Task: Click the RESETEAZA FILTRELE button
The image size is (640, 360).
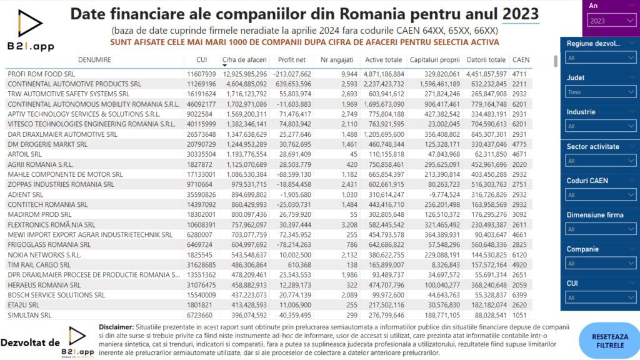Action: coord(610,341)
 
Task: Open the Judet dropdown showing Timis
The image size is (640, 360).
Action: coord(601,92)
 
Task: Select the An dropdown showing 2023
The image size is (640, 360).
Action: coord(611,21)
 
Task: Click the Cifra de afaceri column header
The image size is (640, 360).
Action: coord(244,59)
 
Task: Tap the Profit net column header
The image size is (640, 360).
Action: coord(291,59)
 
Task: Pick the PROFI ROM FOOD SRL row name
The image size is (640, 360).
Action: coord(41,74)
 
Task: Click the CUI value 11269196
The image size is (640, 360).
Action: coord(201,84)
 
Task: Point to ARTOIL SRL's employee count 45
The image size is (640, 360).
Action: coord(354,154)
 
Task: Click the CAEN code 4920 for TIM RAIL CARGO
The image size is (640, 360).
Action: coord(519,265)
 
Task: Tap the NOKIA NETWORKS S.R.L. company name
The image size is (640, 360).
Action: coord(44,255)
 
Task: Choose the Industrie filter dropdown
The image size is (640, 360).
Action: coord(601,126)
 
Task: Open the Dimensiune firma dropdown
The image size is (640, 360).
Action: coord(601,229)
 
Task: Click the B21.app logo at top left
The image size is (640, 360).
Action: coord(31,31)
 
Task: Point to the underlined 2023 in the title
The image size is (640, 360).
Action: coord(521,14)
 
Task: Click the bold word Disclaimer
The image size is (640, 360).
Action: coord(116,327)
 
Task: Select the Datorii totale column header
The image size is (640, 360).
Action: coord(486,59)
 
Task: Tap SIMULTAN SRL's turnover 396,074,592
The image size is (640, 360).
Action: coord(245,315)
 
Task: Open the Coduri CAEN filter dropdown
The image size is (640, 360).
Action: coord(601,195)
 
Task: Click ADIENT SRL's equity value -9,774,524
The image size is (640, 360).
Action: coord(442,195)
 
